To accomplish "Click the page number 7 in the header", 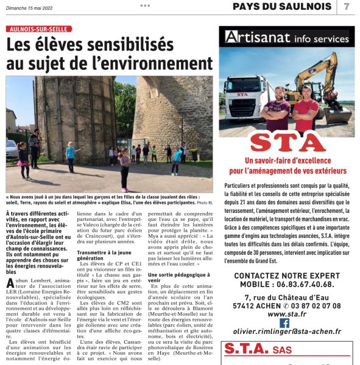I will [x=347, y=7].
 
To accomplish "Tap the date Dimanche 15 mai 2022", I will [x=34, y=6].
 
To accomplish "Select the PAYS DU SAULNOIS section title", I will [x=283, y=7].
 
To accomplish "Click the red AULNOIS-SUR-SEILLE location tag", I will [x=39, y=29].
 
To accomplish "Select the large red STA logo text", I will [x=286, y=143].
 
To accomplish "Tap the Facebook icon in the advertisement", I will [x=284, y=322].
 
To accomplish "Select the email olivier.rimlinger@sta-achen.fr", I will [x=284, y=332].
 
